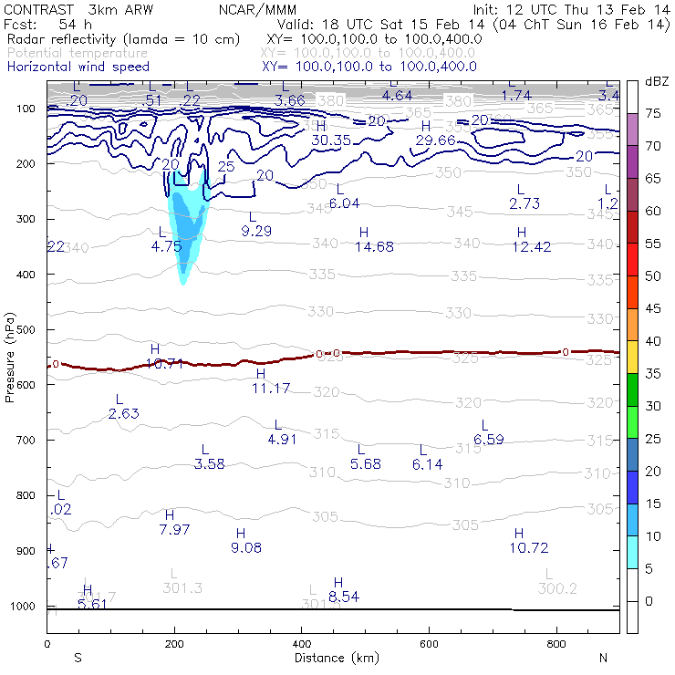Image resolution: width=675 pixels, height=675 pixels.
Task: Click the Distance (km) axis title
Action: click(x=332, y=658)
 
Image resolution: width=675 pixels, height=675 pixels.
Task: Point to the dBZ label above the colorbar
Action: click(x=657, y=81)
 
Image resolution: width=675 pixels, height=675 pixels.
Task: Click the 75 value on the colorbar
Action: click(x=654, y=113)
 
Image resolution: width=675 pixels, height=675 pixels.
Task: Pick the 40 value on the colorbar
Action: click(x=654, y=341)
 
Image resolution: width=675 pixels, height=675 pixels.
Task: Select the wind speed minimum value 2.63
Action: click(x=123, y=414)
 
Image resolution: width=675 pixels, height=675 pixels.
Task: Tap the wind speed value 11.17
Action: click(x=271, y=389)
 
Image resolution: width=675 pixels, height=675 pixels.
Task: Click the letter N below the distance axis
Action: click(x=603, y=658)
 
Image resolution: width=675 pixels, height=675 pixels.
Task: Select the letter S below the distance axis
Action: click(x=78, y=658)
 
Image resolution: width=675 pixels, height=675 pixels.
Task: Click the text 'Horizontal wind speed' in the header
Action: click(x=78, y=67)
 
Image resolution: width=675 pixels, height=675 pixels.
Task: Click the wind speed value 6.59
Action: click(x=490, y=440)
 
